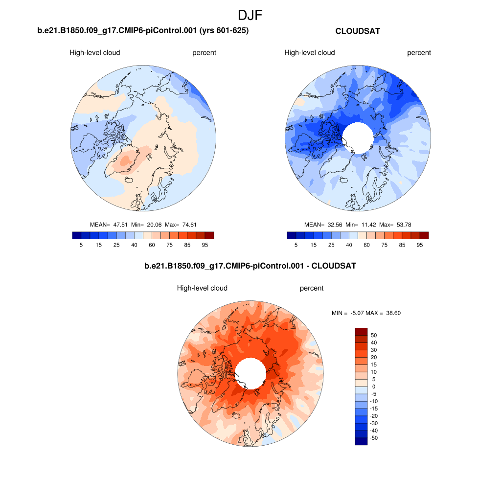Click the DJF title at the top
click(x=250, y=15)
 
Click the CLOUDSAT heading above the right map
click(x=358, y=31)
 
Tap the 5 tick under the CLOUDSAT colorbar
click(x=296, y=245)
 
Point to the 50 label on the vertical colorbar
click(x=374, y=335)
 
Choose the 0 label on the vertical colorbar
click(x=374, y=387)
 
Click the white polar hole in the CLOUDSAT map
click(x=358, y=137)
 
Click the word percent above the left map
click(x=204, y=53)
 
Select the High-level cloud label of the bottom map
click(x=202, y=288)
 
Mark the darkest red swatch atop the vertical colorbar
click(x=361, y=331)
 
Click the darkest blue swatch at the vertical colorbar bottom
click(x=361, y=441)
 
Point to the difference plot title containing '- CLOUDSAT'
click(x=250, y=266)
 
